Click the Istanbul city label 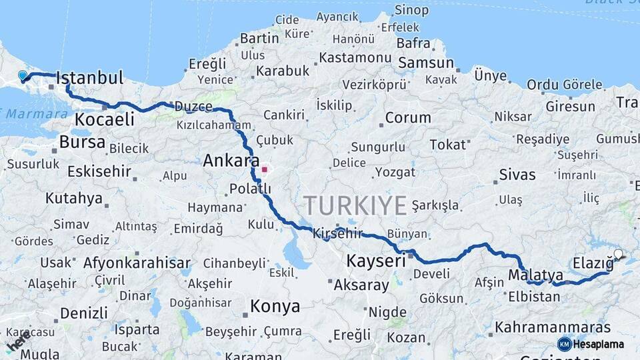pos(90,78)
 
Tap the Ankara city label pos(231,161)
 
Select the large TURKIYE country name pos(355,205)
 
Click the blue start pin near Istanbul pos(23,77)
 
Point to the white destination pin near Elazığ pos(618,255)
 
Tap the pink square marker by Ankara pos(265,169)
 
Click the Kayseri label pos(376,261)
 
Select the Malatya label pos(535,275)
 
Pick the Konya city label pos(275,307)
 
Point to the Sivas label pos(517,175)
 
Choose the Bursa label pos(82,142)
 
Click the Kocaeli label pos(105,119)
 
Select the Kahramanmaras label pos(553,327)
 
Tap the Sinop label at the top pos(411,10)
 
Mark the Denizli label pos(83,313)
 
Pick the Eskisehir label pos(99,171)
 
